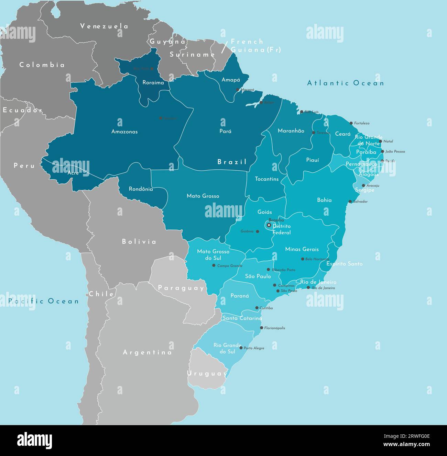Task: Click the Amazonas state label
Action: tap(124, 132)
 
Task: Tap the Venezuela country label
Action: tap(104, 26)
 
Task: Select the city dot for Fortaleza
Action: tap(351, 123)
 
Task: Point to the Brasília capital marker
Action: tap(269, 225)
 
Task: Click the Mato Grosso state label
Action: tap(203, 196)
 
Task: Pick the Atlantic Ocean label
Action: tap(345, 83)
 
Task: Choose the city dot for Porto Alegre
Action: tap(241, 348)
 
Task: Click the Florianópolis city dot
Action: tap(261, 328)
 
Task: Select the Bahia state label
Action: tap(324, 200)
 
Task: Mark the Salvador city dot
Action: tap(350, 202)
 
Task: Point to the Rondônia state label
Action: tap(141, 189)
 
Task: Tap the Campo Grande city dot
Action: tap(214, 265)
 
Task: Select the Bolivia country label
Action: tap(139, 242)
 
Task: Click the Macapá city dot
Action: tap(237, 90)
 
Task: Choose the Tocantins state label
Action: tap(267, 179)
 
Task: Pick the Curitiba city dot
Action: tap(257, 308)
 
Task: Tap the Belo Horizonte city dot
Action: tap(303, 259)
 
